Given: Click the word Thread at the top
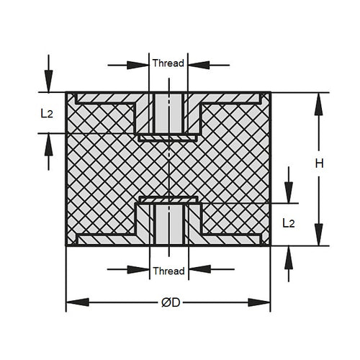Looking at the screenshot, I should [x=168, y=63].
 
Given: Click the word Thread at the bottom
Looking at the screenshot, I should [x=168, y=271].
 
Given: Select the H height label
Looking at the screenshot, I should [x=320, y=163].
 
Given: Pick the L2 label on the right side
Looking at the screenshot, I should [x=288, y=224].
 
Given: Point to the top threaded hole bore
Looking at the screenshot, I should [x=168, y=112].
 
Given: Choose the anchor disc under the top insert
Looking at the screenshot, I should [x=168, y=136].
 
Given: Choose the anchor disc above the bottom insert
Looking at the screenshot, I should [x=168, y=199].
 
